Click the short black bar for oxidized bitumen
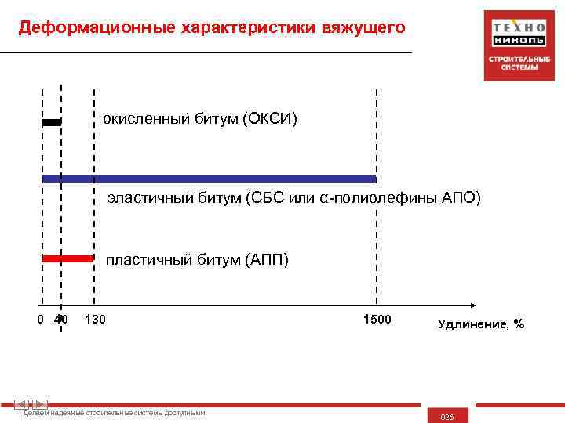tap(51, 122)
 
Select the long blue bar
tap(209, 179)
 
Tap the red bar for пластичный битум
tap(67, 258)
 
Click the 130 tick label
tap(95, 319)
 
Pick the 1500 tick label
tap(377, 318)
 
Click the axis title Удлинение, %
tap(481, 324)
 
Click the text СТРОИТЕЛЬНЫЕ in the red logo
tap(519, 60)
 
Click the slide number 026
tap(447, 417)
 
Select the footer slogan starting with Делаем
tap(115, 413)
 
